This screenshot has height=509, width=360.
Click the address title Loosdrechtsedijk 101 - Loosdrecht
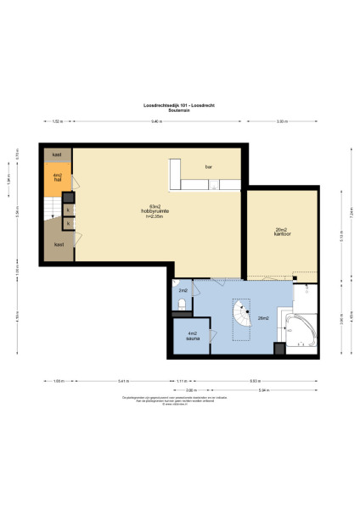[179, 104]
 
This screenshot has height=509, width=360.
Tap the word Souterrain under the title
[179, 109]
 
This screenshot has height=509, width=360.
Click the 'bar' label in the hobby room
[208, 167]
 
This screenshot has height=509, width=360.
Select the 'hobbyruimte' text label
[155, 210]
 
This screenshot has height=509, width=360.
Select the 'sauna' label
[193, 338]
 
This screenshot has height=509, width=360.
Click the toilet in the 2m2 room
[183, 303]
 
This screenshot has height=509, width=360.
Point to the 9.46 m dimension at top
[157, 122]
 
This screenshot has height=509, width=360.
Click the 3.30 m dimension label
[282, 122]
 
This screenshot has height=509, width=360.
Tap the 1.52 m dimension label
[57, 122]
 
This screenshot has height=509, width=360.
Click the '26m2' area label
[263, 318]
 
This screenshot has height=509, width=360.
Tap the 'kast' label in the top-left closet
[57, 155]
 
